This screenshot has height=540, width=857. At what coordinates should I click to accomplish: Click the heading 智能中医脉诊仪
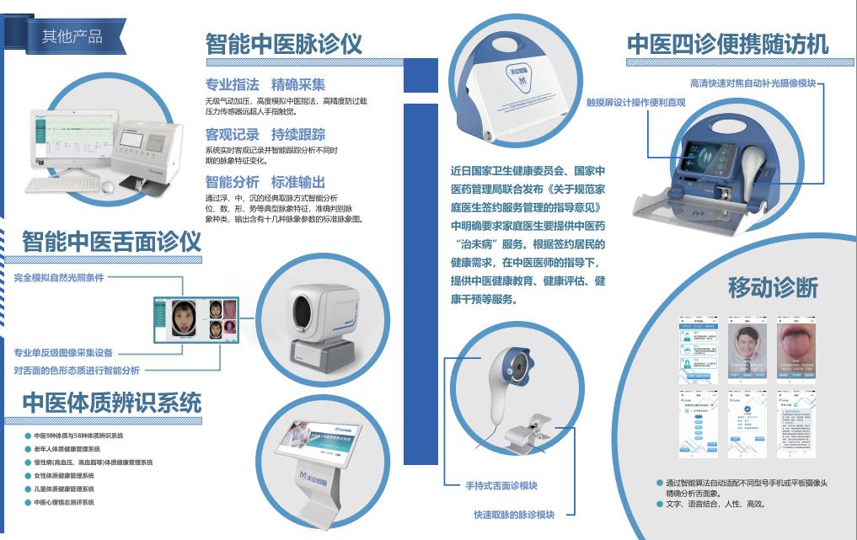(x=284, y=44)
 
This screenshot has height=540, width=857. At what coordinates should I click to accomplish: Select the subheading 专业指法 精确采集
(x=265, y=85)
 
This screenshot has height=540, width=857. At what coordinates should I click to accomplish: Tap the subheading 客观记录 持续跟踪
(x=265, y=134)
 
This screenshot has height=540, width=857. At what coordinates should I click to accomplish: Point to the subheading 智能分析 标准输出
(x=265, y=182)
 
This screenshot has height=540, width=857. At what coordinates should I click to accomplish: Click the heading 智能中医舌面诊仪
(x=111, y=242)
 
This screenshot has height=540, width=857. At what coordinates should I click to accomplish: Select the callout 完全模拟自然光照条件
(x=59, y=277)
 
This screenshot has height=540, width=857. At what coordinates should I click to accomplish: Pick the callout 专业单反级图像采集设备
(x=63, y=353)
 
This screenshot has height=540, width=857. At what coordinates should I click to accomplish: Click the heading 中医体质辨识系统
(x=111, y=403)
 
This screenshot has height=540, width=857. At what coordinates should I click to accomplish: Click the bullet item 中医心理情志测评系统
(x=64, y=502)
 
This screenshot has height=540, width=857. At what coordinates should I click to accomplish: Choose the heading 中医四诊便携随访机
(x=727, y=44)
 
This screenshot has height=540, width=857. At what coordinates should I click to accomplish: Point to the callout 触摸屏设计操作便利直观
(x=636, y=103)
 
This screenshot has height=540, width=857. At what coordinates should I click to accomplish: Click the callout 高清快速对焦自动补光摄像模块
(x=753, y=83)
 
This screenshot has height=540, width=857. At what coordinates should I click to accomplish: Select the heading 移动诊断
(x=773, y=287)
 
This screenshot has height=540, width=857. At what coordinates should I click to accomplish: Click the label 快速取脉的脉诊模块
(x=513, y=514)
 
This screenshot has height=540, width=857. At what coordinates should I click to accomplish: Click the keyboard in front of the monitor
(x=54, y=183)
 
